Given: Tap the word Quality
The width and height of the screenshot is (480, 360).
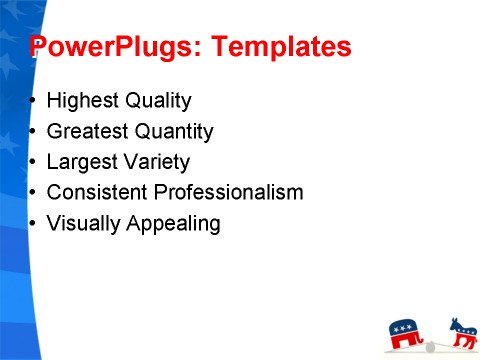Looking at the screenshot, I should pyautogui.click(x=158, y=101).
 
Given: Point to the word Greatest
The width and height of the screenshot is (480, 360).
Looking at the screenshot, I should pyautogui.click(x=88, y=131).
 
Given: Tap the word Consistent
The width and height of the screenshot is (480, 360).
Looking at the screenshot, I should pyautogui.click(x=96, y=192).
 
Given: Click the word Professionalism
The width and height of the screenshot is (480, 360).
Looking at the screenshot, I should pyautogui.click(x=226, y=192).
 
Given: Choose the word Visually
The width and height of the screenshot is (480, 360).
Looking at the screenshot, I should pyautogui.click(x=84, y=223).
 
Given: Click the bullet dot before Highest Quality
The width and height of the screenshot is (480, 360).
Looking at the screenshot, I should pyautogui.click(x=34, y=102).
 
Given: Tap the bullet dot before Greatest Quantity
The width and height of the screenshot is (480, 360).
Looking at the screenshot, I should pyautogui.click(x=34, y=132).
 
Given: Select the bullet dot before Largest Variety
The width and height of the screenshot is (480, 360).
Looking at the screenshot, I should pyautogui.click(x=34, y=162).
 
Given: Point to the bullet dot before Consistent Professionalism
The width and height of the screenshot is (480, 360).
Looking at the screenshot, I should pyautogui.click(x=34, y=192).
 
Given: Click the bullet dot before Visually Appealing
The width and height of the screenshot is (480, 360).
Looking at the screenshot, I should pyautogui.click(x=34, y=223).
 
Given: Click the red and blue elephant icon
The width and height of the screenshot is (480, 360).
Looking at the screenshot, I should pyautogui.click(x=406, y=332).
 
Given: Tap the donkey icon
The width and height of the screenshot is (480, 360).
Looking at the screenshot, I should pyautogui.click(x=463, y=332).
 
